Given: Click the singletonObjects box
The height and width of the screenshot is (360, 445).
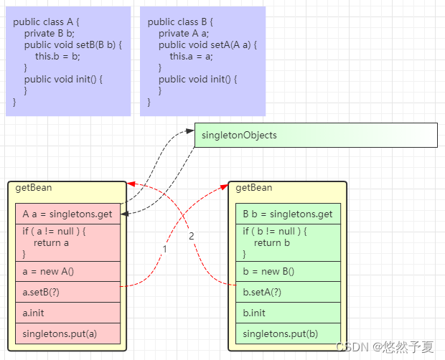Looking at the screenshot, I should coord(316,135).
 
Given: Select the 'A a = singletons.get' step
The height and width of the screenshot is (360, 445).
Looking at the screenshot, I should coord(67,214).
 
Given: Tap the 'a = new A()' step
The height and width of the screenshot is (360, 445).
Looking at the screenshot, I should coord(67,271).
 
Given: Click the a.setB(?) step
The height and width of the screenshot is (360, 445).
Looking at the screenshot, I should coord(67,292).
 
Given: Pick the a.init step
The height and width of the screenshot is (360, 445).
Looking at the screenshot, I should coord(67,313).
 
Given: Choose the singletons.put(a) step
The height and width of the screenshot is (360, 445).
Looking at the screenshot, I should coord(67,333).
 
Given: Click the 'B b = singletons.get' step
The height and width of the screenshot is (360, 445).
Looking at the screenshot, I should coord(288,214).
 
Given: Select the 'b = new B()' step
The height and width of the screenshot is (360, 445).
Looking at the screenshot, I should coord(288,271).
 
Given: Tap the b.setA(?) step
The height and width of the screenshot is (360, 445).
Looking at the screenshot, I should coord(288,292).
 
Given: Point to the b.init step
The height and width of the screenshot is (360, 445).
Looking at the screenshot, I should coord(288,313).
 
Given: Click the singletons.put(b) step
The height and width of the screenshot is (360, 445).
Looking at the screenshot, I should coord(288,333).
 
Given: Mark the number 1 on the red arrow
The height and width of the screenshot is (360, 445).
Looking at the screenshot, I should coord(164,249).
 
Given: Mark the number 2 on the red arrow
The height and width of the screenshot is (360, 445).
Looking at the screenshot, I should coord(192,236).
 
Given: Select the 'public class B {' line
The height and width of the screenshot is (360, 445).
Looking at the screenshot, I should coord(180,22).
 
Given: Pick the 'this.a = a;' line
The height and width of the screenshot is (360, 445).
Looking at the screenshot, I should coord(191,57).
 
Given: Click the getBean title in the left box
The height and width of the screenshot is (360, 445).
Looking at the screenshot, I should coord(33,188).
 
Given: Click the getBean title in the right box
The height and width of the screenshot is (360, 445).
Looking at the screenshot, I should coord(254,188).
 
